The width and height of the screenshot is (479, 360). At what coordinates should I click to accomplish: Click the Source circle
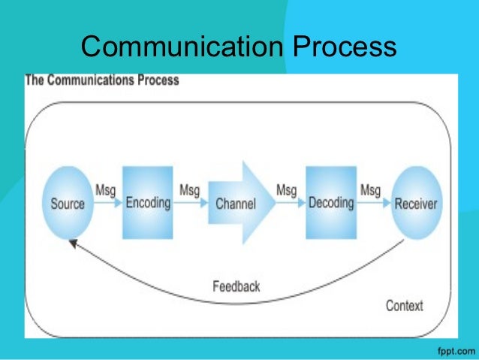click(x=68, y=203)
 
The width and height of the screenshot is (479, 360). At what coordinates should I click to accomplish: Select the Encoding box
click(x=148, y=203)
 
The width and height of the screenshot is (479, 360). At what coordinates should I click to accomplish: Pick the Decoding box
click(x=331, y=203)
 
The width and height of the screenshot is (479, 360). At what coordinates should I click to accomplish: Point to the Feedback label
click(x=236, y=286)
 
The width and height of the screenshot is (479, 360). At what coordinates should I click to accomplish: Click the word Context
click(x=404, y=305)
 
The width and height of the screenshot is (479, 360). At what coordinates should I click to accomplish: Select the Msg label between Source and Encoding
click(x=106, y=191)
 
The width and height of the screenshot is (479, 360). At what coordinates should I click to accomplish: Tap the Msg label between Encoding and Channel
click(x=189, y=191)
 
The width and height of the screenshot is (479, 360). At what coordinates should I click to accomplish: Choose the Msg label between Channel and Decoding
click(x=287, y=191)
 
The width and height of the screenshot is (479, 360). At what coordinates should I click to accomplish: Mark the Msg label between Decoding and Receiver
click(x=370, y=191)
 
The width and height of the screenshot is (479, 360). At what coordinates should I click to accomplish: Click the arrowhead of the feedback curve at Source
click(x=73, y=243)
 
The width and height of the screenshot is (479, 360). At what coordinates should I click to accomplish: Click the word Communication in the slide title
click(x=179, y=47)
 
